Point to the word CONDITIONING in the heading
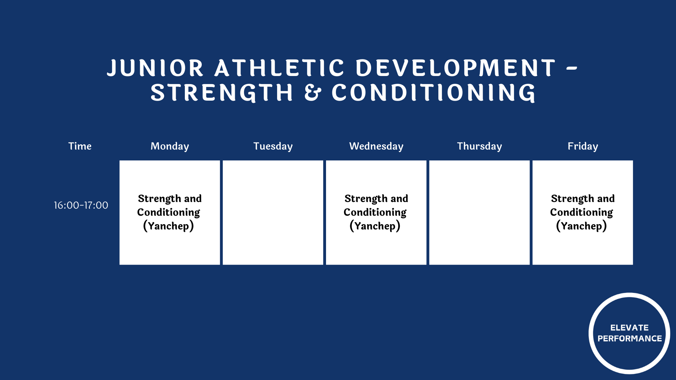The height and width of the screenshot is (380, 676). pos(433,93)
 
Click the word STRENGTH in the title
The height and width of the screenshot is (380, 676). pos(222,93)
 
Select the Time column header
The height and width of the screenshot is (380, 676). pos(80,146)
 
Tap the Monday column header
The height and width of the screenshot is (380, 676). pos(170,146)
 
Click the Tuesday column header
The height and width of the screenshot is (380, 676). pos(273,146)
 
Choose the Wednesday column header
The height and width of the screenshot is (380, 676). pos(376,146)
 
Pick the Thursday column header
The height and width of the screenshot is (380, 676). pos(480,146)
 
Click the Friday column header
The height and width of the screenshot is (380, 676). pos(583,146)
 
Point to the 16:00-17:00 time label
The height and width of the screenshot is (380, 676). pos(81,205)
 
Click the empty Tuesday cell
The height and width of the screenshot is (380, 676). pos(273,213)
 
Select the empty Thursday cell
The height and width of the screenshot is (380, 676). pos(480,213)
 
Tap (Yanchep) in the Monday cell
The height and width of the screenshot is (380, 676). pos(169,226)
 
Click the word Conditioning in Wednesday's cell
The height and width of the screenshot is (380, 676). pos(375,212)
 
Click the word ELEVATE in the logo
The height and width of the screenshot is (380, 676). pos(630,328)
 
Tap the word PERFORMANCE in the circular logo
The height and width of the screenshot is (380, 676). pos(630,338)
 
